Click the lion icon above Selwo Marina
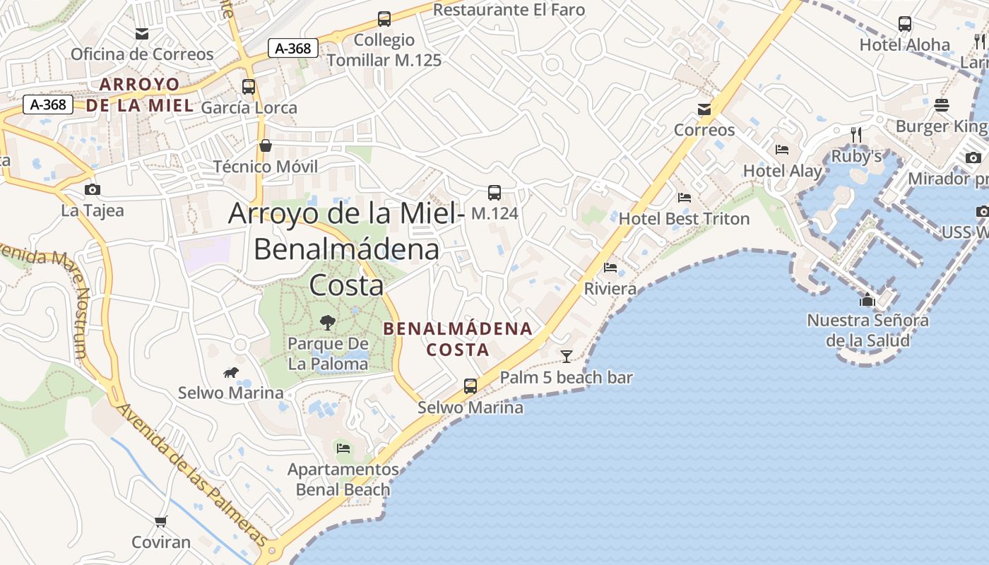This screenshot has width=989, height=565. (230, 373)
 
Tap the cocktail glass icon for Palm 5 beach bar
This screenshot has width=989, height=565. (566, 357)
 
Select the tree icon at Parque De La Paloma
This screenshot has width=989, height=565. (328, 323)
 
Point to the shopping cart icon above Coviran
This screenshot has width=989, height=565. (161, 522)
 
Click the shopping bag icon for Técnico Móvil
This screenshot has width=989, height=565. (266, 146)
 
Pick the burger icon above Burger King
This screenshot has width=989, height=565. (941, 106)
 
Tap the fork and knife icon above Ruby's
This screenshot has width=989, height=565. (856, 135)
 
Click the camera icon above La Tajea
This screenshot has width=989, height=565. (92, 190)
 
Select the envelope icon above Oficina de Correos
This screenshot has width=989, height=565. (142, 34)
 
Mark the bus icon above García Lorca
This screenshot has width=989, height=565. (249, 87)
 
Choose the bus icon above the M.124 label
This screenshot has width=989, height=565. (494, 192)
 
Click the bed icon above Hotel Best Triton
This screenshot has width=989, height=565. (684, 198)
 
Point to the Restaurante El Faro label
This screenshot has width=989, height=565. (509, 10)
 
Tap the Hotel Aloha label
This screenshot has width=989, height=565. (904, 44)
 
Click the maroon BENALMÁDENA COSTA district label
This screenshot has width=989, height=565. (458, 339)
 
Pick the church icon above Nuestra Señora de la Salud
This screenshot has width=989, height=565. (867, 300)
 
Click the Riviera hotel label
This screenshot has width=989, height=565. (610, 289)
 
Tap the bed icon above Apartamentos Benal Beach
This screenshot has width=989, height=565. (343, 448)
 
